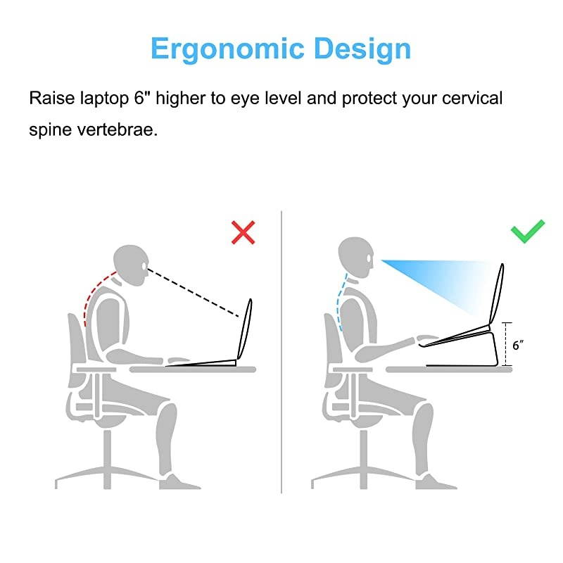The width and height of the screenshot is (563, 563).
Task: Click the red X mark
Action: point(243,232)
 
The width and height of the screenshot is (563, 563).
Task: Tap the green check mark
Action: point(528,231)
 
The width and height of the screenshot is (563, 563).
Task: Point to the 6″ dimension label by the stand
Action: point(519,345)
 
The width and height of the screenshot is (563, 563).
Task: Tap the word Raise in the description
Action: point(51,97)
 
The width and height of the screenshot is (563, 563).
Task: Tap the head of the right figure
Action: point(358,255)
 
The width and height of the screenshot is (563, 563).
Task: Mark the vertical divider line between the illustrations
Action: point(281,352)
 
